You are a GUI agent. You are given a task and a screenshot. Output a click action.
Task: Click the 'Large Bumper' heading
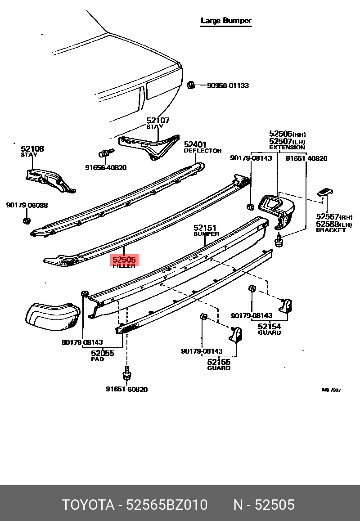[226, 21]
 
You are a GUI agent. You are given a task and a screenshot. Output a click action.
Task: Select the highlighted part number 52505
[124, 260]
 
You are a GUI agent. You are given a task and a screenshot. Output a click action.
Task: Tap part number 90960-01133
[228, 85]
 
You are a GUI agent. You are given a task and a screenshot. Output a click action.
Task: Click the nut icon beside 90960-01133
[190, 85]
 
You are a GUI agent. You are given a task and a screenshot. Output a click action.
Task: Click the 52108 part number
[32, 148]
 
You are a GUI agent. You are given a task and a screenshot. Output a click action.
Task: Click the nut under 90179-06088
[26, 220]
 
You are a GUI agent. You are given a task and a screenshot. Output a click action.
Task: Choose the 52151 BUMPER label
[206, 230]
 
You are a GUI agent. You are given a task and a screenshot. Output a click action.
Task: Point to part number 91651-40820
[306, 158]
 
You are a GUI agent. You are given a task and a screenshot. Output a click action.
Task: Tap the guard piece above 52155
[236, 335]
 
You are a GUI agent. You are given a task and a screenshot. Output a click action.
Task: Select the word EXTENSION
[287, 147]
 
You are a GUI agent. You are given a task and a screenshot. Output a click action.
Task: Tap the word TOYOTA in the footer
[87, 504]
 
